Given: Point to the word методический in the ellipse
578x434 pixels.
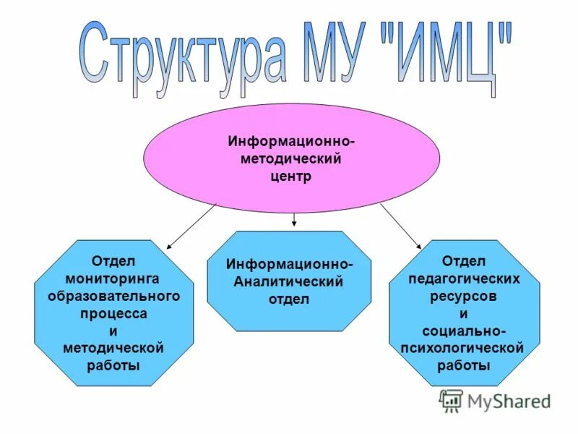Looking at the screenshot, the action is (292, 158).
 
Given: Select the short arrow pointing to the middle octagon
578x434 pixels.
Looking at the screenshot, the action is (294, 220).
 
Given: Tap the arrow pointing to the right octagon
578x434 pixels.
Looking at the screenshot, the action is (400, 226).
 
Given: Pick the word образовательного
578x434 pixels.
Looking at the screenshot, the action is (113, 296).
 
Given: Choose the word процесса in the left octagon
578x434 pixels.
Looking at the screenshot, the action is (113, 313).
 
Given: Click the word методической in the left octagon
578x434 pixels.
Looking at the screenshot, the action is (113, 348).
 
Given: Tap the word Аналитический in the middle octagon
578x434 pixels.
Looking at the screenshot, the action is (288, 281).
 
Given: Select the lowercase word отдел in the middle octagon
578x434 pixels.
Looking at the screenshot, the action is (289, 299).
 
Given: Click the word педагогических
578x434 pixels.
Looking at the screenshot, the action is (464, 278).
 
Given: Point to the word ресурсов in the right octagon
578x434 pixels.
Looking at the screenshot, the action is (464, 296).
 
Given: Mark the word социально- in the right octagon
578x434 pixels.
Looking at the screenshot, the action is (464, 331).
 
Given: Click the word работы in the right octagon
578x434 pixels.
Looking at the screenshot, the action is (464, 365).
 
